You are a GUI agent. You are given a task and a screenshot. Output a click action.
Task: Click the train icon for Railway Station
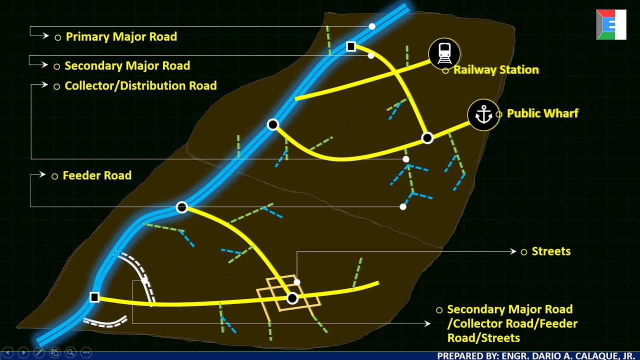click(x=444, y=52)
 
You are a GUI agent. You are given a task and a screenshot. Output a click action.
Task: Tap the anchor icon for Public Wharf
click(x=483, y=115)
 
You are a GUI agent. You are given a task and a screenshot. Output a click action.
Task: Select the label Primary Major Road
click(x=121, y=36)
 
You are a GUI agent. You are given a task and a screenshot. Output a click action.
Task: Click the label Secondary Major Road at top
click(x=127, y=65)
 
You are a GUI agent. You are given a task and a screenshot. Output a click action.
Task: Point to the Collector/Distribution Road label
click(x=140, y=85)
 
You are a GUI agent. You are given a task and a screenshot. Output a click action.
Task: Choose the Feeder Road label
click(x=97, y=175)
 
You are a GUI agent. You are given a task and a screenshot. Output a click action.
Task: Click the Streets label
click(x=551, y=251)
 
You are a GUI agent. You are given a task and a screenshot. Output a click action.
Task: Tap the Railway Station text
click(x=496, y=70)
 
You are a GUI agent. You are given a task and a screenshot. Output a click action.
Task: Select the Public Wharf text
click(x=542, y=113)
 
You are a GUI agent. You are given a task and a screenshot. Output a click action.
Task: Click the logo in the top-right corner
click(x=611, y=24)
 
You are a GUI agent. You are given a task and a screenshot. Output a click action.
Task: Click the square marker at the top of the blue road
click(x=351, y=46)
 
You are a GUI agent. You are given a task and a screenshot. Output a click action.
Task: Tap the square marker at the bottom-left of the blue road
click(x=94, y=297)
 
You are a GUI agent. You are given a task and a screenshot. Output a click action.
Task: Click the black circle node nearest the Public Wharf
click(x=427, y=138)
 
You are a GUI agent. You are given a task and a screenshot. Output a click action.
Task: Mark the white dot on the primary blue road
click(x=372, y=26)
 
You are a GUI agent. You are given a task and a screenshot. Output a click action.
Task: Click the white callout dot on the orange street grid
click(x=297, y=282)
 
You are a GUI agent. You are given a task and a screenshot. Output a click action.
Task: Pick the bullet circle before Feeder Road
click(x=55, y=176)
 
